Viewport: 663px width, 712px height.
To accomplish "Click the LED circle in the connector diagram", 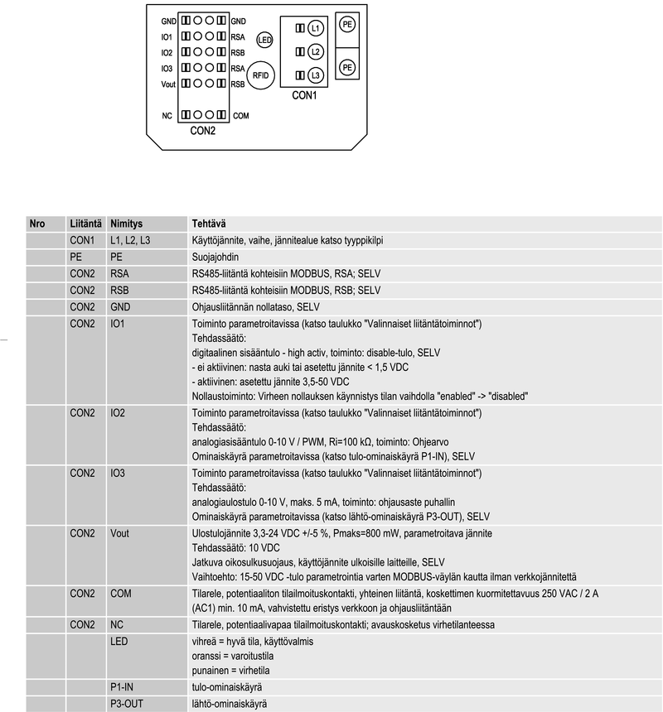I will (x=265, y=39).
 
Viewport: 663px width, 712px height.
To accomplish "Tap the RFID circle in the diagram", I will (x=262, y=75).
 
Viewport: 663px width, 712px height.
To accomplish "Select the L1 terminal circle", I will (x=315, y=28).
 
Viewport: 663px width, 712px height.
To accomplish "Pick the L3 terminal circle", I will (x=315, y=75).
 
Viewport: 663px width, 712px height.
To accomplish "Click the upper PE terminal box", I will (x=347, y=25).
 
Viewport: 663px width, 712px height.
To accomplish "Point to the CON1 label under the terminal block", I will (x=304, y=95).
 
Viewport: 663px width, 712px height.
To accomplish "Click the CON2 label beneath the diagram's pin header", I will (x=202, y=131).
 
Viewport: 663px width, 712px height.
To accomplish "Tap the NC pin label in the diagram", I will (x=167, y=115).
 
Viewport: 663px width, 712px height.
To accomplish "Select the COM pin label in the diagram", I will (x=240, y=115).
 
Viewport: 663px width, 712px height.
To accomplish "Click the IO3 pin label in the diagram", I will (x=167, y=69).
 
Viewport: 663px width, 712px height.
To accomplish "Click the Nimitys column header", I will (x=126, y=224).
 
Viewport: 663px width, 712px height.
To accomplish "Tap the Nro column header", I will (x=36, y=224).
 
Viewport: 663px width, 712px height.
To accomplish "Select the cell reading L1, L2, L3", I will (x=131, y=240).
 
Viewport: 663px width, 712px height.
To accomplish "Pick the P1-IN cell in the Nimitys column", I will (x=123, y=686).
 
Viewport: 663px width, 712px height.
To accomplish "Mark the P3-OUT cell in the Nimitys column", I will (x=127, y=703).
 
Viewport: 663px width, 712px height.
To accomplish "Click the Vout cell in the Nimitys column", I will (x=119, y=533).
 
